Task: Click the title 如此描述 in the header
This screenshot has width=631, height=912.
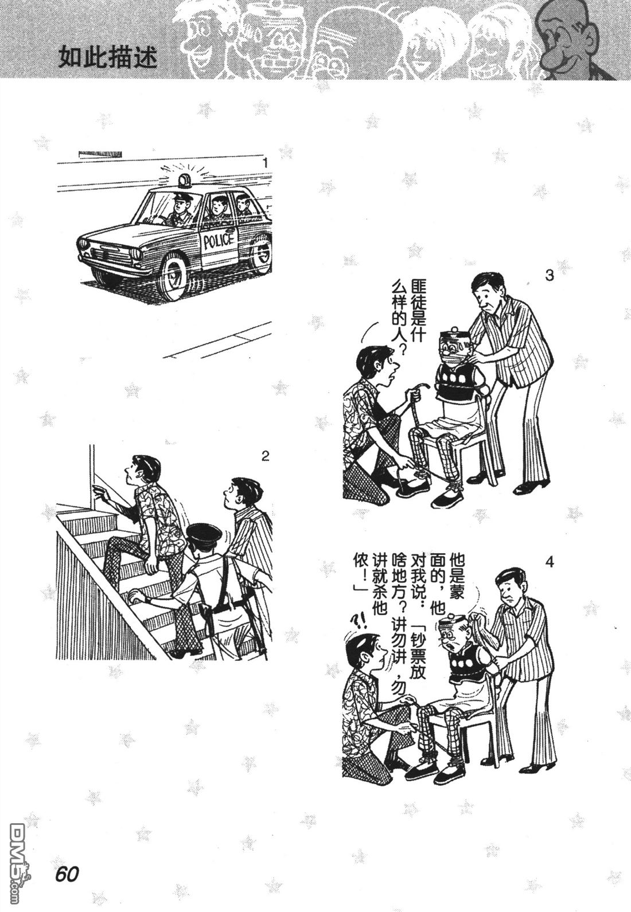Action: pos(107,58)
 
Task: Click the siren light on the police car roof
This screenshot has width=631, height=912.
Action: pos(185,181)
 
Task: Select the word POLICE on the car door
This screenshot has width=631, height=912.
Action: pos(219,240)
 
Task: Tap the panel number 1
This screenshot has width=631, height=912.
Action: pos(264,163)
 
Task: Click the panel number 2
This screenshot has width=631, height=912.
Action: pos(265,456)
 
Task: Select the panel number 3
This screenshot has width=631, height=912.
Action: pos(548,276)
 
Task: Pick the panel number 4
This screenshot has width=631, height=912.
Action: pos(550,562)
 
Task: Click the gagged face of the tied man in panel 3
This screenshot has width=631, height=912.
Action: pos(453,350)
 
